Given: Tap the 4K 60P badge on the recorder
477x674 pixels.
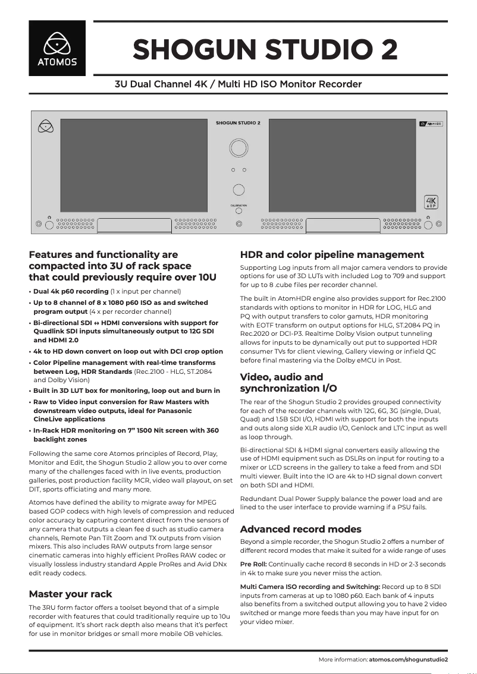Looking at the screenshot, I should tap(430, 203).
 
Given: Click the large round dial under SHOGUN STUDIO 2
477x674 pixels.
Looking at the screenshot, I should tap(238, 147).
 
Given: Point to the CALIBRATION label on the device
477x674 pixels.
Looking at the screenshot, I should tap(238, 205).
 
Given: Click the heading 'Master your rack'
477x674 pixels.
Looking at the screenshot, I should tap(70, 594).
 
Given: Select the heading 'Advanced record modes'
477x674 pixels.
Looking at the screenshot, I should tap(300, 529).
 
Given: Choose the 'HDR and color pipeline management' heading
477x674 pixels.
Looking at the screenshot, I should tap(332, 255).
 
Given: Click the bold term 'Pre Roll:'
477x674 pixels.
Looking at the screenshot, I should tap(253, 564).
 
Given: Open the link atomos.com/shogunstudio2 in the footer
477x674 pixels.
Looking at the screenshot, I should tap(408, 660).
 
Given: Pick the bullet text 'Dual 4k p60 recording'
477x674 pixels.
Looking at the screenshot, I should tap(71, 292).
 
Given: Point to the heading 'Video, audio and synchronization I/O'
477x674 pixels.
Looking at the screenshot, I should tap(288, 382).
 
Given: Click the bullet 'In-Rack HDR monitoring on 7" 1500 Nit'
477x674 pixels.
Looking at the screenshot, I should tap(125, 430).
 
